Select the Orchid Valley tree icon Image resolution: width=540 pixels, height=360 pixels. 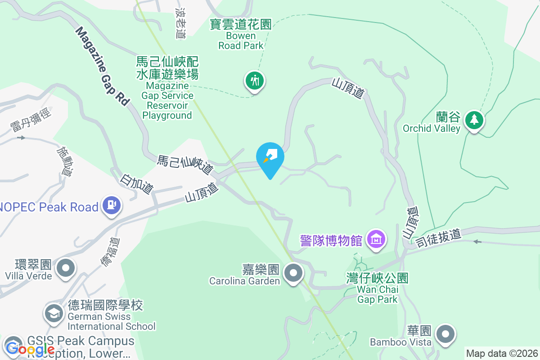pos(474,120)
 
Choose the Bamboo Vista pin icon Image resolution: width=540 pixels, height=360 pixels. pos(446,334)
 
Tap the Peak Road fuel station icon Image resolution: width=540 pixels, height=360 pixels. pos(111,205)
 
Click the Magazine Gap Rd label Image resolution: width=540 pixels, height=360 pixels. pos(102,66)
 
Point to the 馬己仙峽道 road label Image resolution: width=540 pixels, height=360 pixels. pos(185,165)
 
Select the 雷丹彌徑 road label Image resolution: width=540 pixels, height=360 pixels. pos(31,120)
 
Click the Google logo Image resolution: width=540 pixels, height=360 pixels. pos(30,349)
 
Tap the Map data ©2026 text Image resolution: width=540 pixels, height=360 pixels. pos(502,353)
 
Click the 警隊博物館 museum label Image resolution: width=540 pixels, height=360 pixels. pos(331,240)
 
